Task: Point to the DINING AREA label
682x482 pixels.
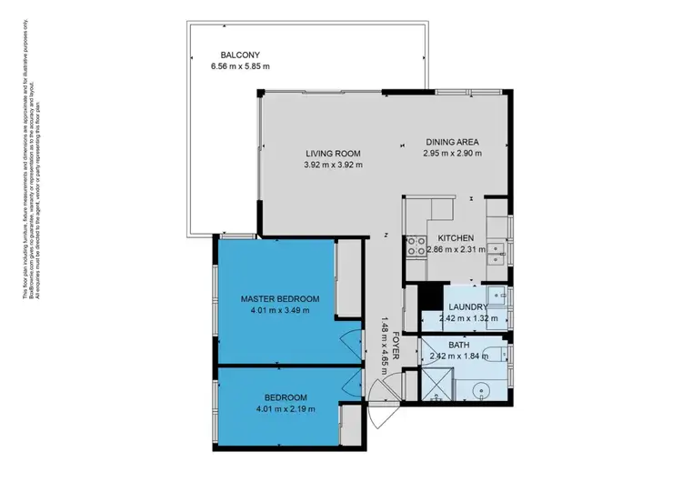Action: [452, 142]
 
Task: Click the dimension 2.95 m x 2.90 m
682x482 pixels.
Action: [452, 154]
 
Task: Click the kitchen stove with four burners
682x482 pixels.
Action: [415, 244]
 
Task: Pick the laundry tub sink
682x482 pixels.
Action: [497, 295]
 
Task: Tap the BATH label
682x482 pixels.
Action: [458, 345]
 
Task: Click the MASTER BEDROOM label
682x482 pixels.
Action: [280, 298]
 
